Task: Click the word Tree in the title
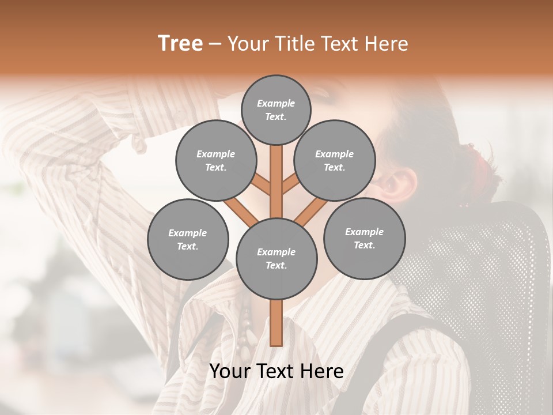(180, 44)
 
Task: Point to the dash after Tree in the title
(215, 44)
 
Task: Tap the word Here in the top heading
(387, 44)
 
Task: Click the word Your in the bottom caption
(230, 371)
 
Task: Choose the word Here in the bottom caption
(321, 371)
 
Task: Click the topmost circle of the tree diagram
(276, 110)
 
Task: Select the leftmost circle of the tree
(188, 239)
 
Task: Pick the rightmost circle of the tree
(364, 238)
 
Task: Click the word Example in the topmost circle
(276, 103)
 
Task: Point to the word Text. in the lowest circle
(276, 266)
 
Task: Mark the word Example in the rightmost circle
(364, 232)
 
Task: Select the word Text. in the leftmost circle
(188, 246)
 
